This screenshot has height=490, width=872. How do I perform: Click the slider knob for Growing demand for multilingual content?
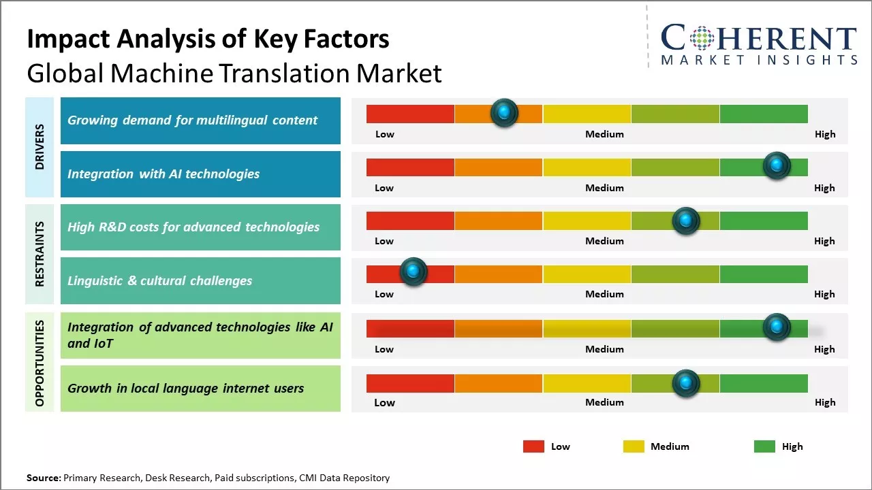coord(504,113)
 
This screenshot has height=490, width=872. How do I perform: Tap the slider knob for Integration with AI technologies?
coord(777,166)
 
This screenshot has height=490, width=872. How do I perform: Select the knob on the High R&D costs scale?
coord(686,220)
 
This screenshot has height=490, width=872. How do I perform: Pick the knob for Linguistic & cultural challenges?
coord(413,272)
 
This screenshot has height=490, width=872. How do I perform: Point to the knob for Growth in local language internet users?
coord(686,383)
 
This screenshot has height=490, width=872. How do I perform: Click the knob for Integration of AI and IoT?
coord(777,327)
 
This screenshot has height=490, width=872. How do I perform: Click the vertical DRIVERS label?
coord(40,147)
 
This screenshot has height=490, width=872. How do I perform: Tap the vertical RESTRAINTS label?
coord(40,254)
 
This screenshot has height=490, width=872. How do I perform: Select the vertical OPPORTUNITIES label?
coord(40,363)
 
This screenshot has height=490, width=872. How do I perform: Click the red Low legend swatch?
coord(533,446)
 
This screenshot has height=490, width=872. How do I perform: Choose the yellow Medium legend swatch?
coord(634,446)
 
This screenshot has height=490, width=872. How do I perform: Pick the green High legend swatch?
coord(764,446)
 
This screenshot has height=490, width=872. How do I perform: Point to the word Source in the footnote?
coord(43,478)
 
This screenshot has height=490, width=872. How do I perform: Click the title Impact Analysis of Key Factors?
coord(208,39)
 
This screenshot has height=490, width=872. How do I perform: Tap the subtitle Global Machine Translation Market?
coord(234,73)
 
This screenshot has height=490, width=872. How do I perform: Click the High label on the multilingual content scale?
coord(825,134)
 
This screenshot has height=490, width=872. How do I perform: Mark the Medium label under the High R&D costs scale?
coord(604,241)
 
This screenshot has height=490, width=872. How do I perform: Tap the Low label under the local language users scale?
coord(384,402)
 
